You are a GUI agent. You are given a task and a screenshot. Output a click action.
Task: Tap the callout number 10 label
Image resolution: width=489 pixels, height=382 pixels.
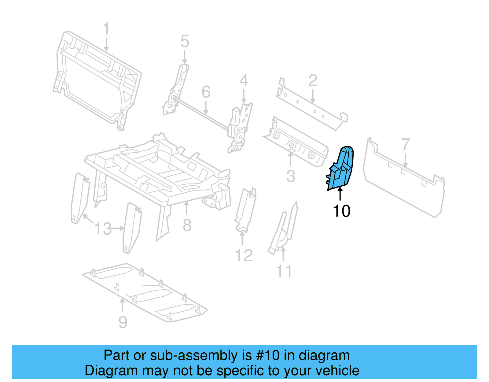341,211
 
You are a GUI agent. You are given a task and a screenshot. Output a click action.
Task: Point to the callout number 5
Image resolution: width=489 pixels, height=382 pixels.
185,41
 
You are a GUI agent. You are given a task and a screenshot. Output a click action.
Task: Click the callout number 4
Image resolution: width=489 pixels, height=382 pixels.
244,81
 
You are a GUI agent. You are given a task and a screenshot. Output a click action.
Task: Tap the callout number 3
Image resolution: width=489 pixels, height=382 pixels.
291,176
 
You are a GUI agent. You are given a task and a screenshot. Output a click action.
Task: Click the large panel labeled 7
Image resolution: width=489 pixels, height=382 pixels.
403,184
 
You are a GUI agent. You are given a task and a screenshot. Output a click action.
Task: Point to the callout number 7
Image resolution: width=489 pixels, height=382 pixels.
405,144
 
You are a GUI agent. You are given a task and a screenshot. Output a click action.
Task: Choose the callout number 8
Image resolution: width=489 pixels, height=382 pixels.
187,225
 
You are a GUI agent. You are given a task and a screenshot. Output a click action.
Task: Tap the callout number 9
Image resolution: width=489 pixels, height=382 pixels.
123,322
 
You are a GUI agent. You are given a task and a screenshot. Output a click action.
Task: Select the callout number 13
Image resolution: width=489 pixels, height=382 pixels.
103,229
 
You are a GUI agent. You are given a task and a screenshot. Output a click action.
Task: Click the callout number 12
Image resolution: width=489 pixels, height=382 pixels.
244,255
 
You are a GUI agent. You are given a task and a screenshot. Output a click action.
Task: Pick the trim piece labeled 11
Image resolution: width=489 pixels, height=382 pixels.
283,229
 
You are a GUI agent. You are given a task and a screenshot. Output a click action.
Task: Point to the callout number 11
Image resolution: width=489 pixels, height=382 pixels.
284,271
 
